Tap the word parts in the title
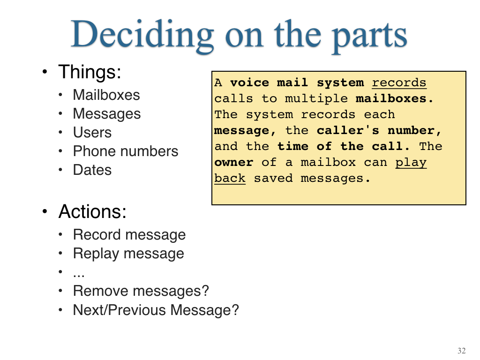tap(369, 37)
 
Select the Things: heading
tap(90, 72)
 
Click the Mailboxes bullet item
tap(106, 95)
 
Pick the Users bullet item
tap(92, 133)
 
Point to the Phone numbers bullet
tap(126, 151)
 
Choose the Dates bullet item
tap(92, 170)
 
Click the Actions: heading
tap(92, 211)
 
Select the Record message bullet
tap(129, 235)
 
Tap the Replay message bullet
tap(128, 254)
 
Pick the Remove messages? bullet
tap(141, 291)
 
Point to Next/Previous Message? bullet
tap(156, 310)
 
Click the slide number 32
tap(462, 351)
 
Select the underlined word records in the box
tap(399, 83)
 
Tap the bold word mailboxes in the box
tap(394, 98)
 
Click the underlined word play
tap(411, 163)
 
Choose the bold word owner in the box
tap(234, 162)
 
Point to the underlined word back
tap(230, 178)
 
